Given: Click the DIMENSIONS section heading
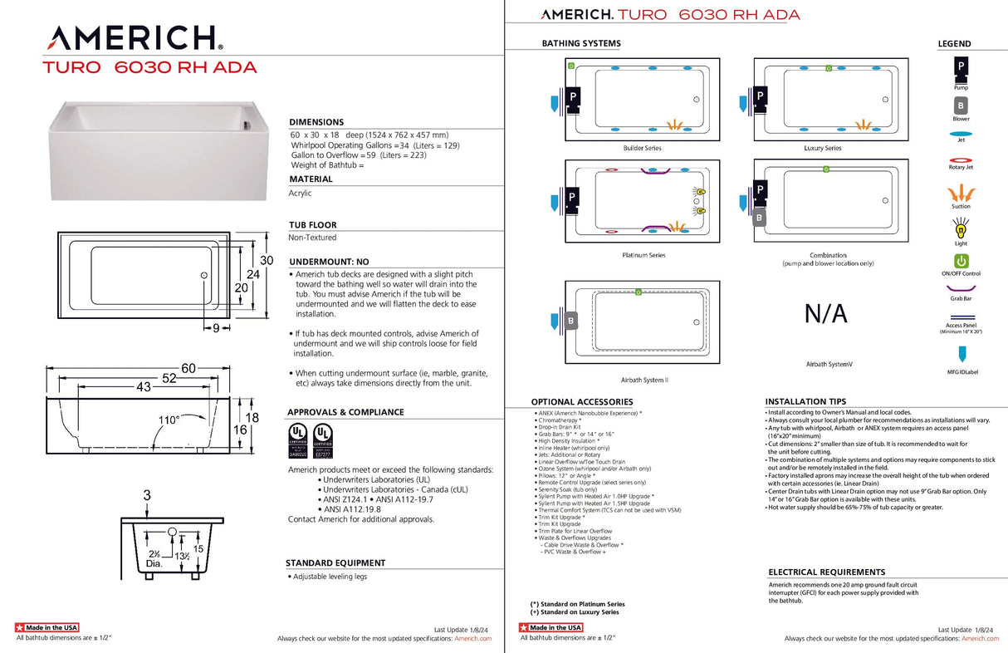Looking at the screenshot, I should point(316,122).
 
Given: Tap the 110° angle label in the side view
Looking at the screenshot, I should point(169,420).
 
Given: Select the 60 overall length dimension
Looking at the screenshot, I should point(189,368).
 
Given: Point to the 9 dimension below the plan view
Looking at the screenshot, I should point(215,328).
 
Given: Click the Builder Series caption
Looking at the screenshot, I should point(642,148).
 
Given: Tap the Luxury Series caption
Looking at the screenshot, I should point(822,148).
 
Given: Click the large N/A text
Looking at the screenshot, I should point(826,314).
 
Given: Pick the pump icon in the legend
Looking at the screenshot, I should point(961,66).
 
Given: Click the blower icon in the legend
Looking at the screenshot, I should point(961,106).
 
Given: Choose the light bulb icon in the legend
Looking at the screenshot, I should point(961,226).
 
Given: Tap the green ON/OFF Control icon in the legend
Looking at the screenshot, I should point(961,261).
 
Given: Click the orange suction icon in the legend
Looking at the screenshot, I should point(961,193).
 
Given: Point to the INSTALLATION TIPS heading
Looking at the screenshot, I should point(805,401).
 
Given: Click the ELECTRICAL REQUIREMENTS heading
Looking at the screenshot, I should point(826,572).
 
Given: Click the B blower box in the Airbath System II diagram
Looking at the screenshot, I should point(570,321).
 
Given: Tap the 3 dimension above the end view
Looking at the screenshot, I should point(147,496).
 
